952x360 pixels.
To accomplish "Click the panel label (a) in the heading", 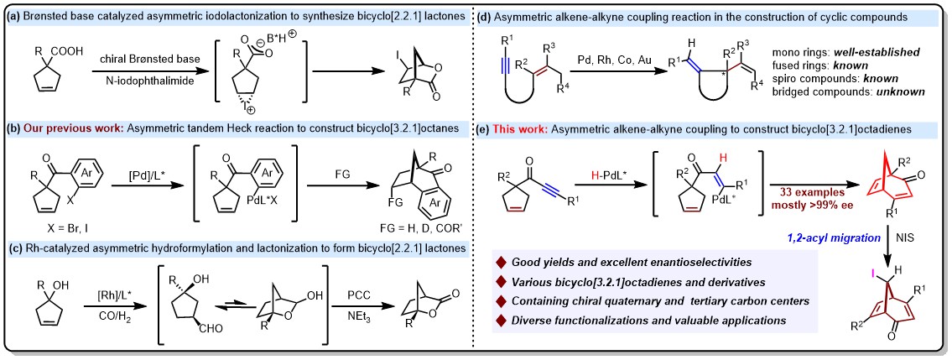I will tap(14, 11).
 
